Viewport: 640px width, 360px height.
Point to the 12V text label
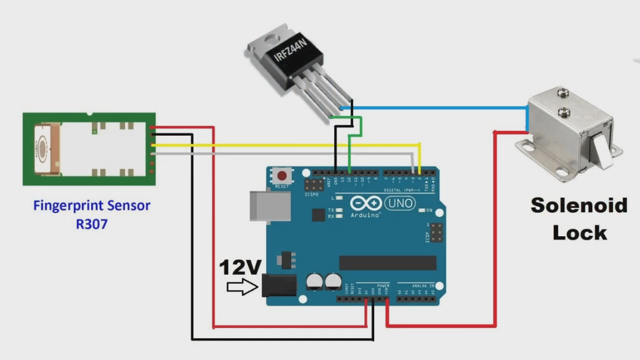tap(240, 268)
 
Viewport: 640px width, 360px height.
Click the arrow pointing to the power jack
tap(242, 287)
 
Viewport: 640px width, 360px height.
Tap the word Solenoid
tap(578, 205)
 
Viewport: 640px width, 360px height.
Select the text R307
tap(92, 224)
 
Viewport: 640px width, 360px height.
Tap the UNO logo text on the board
tap(399, 203)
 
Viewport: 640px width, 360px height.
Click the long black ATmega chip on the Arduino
tap(387, 263)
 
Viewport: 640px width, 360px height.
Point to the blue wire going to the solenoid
tap(436, 107)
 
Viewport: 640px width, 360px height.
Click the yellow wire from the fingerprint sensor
tap(280, 144)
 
